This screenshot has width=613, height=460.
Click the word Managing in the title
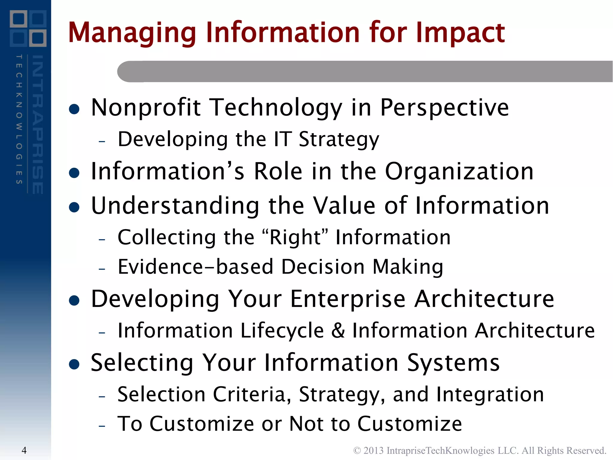coord(132,33)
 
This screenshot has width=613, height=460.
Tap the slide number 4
coord(24,450)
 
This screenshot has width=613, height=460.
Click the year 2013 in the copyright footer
coord(373,450)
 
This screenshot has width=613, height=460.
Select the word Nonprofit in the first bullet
coord(146,108)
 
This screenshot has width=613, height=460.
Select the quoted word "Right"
coord(295,237)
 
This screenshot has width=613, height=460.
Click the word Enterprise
coord(348,299)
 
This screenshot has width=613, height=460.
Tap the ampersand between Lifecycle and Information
coord(338,331)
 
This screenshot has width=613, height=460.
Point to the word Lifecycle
coord(282,331)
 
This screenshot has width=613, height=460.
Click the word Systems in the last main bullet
coord(453,363)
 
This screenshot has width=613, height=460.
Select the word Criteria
coord(252,394)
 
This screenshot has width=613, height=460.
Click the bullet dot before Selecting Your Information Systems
coord(74,364)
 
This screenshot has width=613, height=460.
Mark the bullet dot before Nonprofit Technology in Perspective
coord(74,110)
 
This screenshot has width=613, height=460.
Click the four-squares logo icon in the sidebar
coord(28,28)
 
